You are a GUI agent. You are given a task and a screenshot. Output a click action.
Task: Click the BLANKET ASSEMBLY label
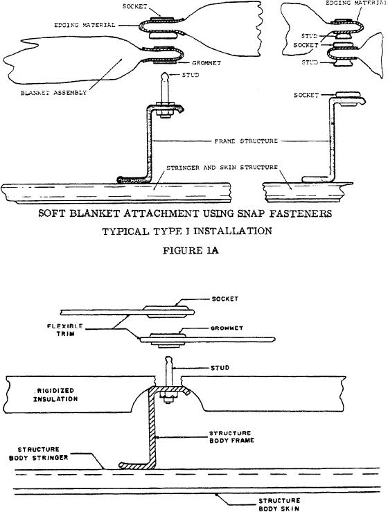tap(54, 93)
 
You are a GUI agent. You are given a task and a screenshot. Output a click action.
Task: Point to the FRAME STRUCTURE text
tap(246, 141)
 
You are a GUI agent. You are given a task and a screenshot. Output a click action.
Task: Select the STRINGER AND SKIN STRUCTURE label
tap(222, 168)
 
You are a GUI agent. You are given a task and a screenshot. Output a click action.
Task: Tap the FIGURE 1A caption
tap(191, 251)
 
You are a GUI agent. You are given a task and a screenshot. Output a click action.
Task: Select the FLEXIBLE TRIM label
tap(61, 330)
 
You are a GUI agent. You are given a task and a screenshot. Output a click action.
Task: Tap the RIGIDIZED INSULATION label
tap(56, 394)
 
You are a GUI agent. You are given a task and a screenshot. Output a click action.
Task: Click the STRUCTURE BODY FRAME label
tap(231, 436)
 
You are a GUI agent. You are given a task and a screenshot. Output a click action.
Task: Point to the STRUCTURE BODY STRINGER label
tap(39, 454)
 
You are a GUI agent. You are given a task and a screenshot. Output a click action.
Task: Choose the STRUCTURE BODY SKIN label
tap(279, 504)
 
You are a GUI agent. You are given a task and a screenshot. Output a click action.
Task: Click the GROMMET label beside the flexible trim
tap(227, 328)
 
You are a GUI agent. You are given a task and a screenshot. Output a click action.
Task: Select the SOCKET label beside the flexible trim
tap(225, 299)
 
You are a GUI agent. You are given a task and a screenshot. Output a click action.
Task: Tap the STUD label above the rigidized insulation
tap(220, 368)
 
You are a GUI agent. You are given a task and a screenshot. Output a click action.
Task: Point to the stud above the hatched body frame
tap(168, 371)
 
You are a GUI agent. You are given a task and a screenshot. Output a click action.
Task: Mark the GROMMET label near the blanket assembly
tap(206, 63)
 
